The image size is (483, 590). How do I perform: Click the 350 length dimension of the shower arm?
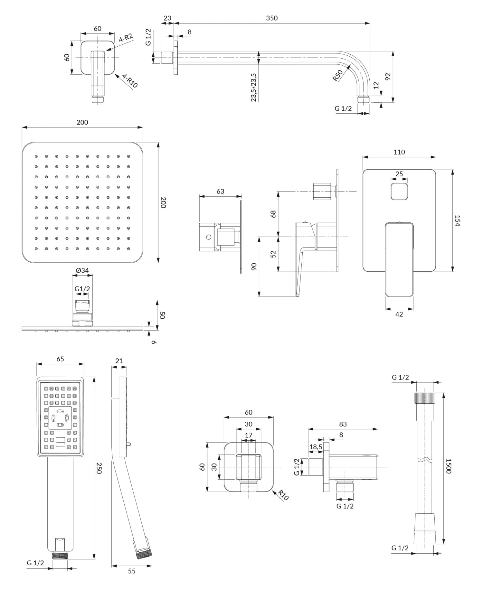point(272,18)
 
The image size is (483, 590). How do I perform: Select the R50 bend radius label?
point(338,76)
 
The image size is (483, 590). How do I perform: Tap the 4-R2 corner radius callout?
point(126,38)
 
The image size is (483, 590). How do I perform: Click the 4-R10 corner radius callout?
point(130,81)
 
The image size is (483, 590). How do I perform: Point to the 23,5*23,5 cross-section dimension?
point(254,87)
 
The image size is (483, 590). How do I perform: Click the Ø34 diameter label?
point(82,270)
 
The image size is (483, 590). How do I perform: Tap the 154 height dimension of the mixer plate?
point(458,220)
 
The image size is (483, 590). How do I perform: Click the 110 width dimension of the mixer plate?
point(399,152)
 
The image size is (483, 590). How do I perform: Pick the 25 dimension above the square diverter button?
point(399,174)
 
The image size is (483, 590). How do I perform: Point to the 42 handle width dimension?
point(399,314)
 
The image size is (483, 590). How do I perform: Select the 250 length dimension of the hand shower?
point(99,468)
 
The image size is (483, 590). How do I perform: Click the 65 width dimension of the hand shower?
point(60,359)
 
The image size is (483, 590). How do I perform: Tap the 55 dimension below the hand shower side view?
point(132,571)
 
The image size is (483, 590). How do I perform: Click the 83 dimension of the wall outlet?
point(343,424)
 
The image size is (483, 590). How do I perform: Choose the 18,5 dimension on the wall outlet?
point(316,447)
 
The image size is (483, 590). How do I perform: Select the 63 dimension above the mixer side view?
point(220,191)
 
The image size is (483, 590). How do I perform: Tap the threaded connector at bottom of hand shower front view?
point(60,555)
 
